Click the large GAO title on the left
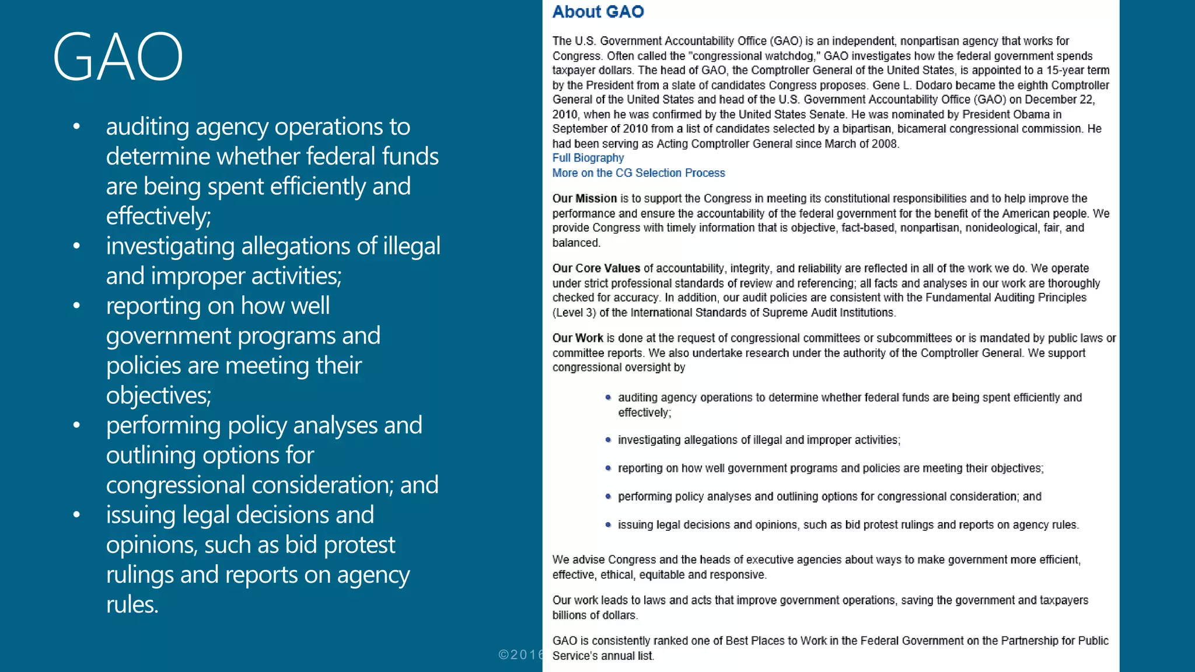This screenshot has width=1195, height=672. (118, 57)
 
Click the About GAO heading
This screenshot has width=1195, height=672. (597, 12)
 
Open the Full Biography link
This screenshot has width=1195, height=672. (588, 158)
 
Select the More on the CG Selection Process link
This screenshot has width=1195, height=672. (638, 173)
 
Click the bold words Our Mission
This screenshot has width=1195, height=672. (584, 198)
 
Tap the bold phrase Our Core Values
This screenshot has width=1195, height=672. (596, 268)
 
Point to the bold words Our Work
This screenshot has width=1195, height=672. (578, 338)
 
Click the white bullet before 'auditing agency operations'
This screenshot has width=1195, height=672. (76, 127)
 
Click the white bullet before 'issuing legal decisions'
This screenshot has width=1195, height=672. (76, 515)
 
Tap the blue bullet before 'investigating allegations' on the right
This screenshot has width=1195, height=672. (608, 440)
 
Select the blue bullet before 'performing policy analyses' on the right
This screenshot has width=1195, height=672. (608, 496)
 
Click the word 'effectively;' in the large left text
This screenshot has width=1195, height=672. (158, 216)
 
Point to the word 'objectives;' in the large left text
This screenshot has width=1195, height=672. (158, 395)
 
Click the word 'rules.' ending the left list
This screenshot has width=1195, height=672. (132, 604)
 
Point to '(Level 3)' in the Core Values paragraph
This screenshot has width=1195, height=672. (574, 313)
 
